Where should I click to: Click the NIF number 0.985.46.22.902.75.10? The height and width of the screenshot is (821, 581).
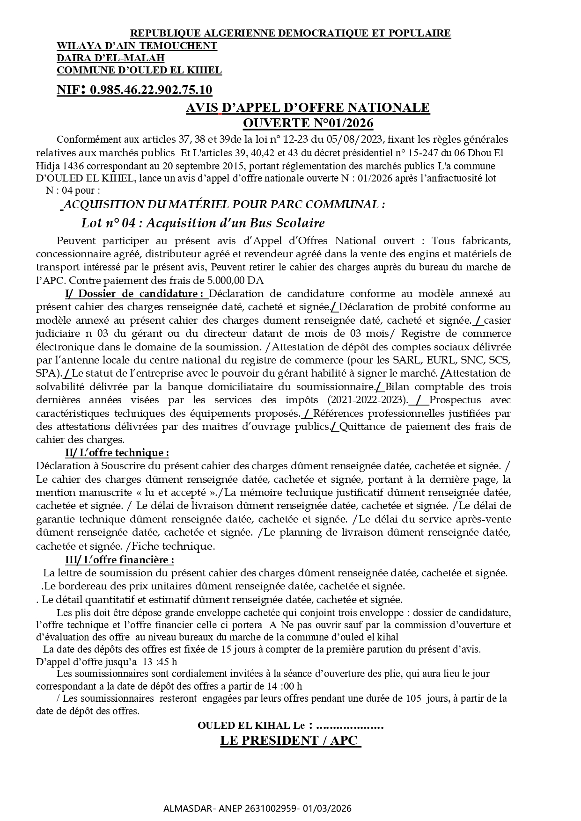[x=151, y=90]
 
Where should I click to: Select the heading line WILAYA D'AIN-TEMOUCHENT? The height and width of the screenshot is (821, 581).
[x=137, y=46]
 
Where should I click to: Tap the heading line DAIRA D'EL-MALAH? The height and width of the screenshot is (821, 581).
[x=110, y=58]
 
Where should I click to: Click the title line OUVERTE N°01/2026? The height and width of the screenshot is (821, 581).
[x=308, y=123]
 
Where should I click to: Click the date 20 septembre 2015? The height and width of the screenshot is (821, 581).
[x=199, y=166]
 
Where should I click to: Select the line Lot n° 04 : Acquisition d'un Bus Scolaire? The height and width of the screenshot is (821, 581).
[x=203, y=223]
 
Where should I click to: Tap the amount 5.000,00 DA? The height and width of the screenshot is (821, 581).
[x=235, y=281]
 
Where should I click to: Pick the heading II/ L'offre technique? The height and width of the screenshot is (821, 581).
[x=117, y=453]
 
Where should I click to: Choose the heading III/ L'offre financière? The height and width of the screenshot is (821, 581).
[x=119, y=560]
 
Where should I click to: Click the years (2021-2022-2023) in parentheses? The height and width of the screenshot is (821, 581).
[x=368, y=400]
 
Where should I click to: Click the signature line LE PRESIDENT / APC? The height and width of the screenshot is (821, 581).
[x=290, y=741]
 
